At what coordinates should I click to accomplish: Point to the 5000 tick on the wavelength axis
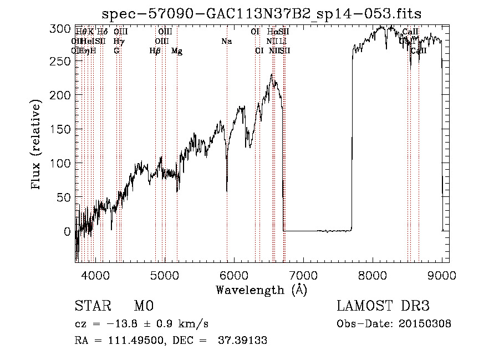click(165, 273)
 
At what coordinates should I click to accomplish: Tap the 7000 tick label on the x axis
click(304, 273)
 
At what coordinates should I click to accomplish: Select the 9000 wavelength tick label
click(442, 273)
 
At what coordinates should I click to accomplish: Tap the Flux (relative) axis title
click(37, 146)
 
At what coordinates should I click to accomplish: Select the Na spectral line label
click(226, 42)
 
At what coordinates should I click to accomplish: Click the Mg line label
click(177, 51)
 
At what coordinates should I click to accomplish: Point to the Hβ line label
click(155, 51)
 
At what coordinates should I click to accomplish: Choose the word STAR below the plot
click(92, 306)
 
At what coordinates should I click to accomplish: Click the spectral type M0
click(143, 306)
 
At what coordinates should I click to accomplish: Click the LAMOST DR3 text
click(383, 306)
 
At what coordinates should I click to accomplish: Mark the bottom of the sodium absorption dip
click(227, 191)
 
